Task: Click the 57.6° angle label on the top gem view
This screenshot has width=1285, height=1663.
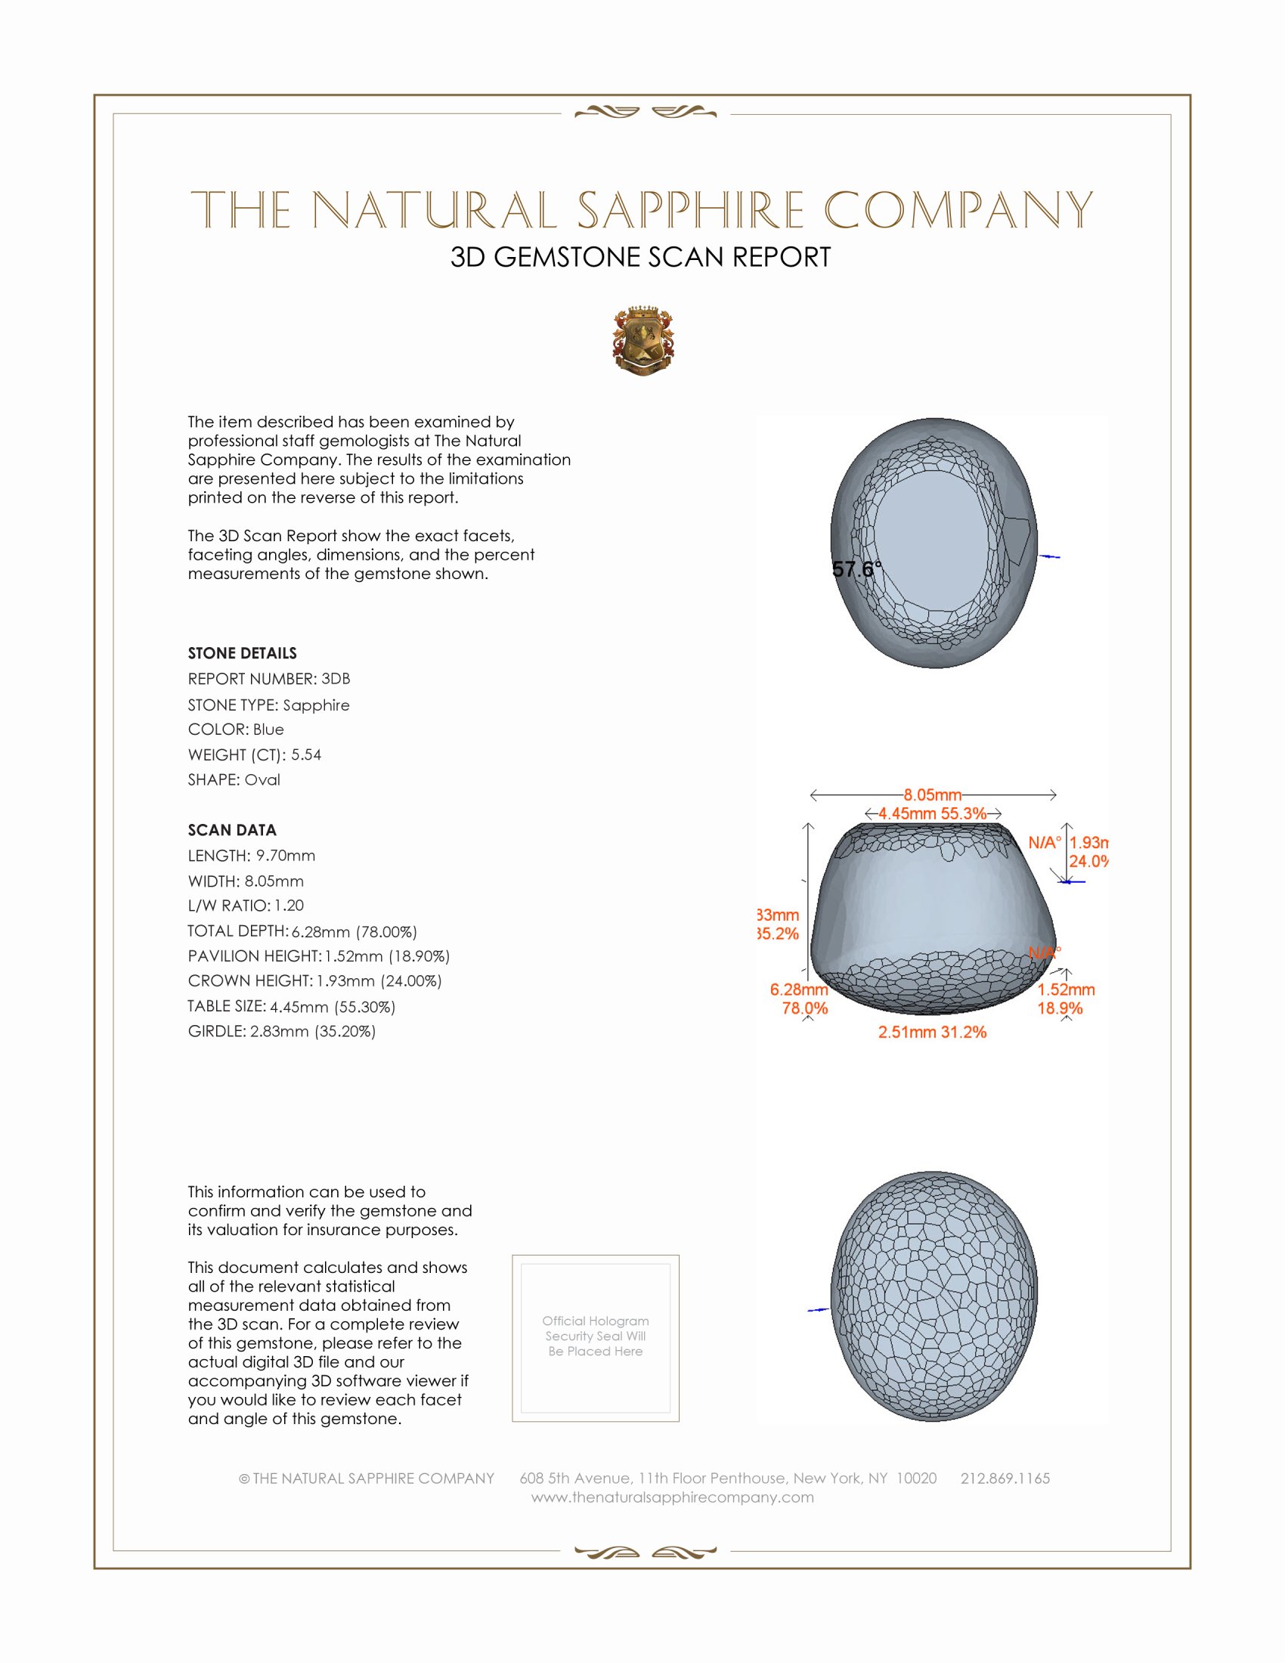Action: pos(856,568)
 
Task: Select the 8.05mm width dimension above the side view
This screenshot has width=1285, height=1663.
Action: pos(933,795)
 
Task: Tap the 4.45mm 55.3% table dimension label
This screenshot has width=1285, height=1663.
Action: pos(933,813)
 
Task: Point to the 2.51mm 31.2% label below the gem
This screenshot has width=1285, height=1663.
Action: pos(932,1032)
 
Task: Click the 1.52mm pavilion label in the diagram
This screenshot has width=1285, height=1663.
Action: pos(1066,989)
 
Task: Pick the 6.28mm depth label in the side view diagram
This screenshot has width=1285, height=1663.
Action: pos(798,989)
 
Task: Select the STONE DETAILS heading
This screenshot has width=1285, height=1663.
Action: pos(242,653)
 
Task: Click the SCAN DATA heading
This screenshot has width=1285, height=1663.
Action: pos(232,830)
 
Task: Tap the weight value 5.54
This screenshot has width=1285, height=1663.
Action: pos(306,754)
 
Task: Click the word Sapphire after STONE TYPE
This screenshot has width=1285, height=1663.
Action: pos(316,705)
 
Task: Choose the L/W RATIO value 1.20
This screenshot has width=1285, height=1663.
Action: pos(290,906)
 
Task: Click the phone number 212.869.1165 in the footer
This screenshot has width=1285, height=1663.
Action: pos(1005,1478)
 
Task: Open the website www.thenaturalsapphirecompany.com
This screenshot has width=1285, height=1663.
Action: pos(672,1497)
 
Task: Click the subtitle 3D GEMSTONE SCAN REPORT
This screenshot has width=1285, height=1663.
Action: pos(640,257)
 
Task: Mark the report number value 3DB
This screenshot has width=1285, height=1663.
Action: pos(336,679)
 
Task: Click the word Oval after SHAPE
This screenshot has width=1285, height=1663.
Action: pos(262,780)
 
